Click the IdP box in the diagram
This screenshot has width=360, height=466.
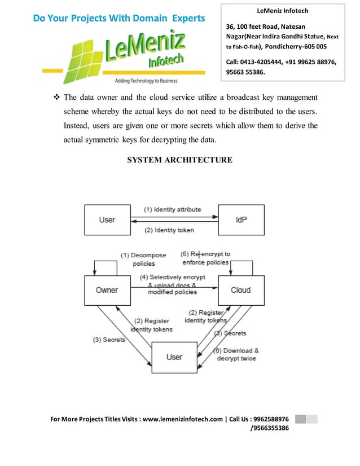coord(241,219)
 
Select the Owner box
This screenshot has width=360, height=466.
coord(107,290)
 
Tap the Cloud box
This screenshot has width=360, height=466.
coord(241,290)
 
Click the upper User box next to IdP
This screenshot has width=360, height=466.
coord(107,219)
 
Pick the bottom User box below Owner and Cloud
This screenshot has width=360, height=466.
coord(174,357)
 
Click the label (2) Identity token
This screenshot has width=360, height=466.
coord(169,230)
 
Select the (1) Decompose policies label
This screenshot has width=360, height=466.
coord(143,259)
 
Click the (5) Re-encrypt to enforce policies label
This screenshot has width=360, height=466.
coord(205,258)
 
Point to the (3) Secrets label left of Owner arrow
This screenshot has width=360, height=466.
coord(109,340)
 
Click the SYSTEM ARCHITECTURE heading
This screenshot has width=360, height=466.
coord(179,160)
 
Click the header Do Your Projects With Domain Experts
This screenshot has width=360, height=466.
coord(118,18)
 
